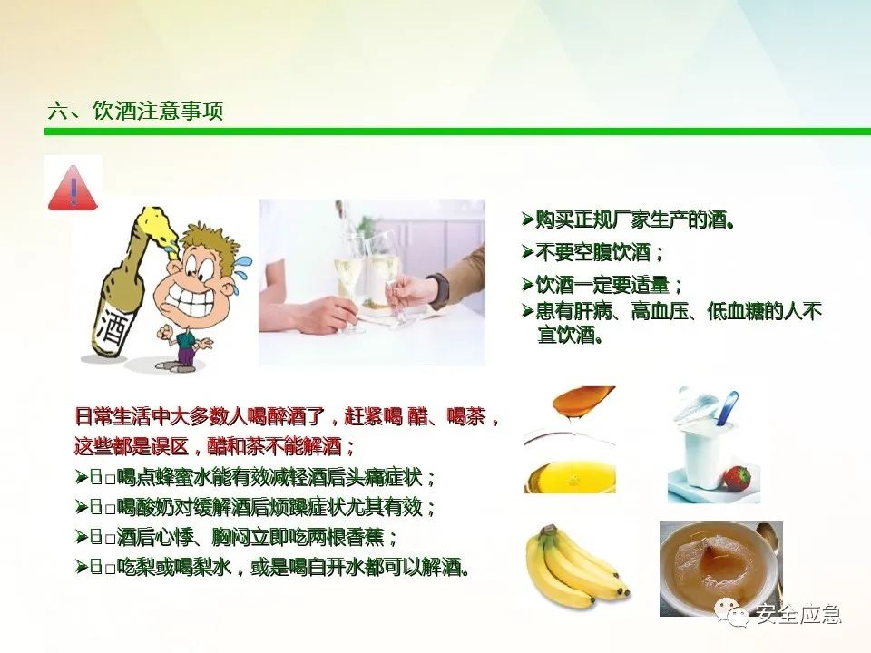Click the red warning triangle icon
point(73,188)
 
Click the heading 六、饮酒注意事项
point(135,111)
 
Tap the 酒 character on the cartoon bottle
point(114,328)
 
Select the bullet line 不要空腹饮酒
point(592,253)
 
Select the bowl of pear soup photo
point(721,569)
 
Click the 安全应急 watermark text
point(798,614)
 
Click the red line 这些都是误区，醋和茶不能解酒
point(214,446)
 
